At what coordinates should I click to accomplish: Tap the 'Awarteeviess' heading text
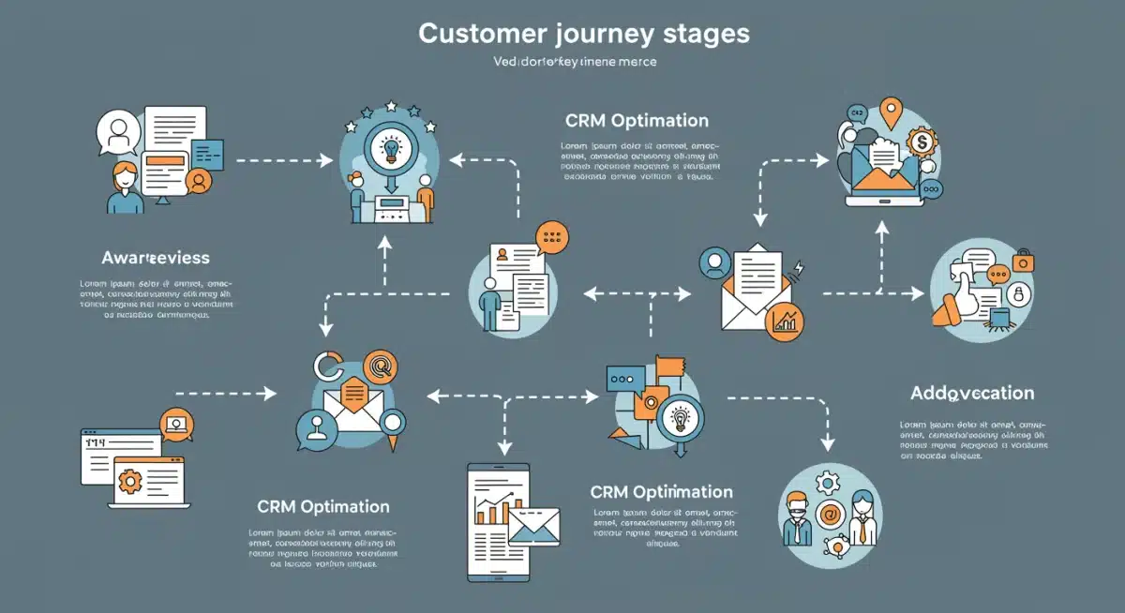pos(155,257)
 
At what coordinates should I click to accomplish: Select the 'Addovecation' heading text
pos(971,393)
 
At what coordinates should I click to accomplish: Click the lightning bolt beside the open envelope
pos(799,270)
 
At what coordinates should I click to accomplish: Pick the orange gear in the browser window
pos(130,482)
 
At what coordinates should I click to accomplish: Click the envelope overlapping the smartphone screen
pos(532,526)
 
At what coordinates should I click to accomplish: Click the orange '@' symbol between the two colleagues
pos(829,514)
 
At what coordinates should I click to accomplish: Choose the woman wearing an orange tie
pos(862,517)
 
